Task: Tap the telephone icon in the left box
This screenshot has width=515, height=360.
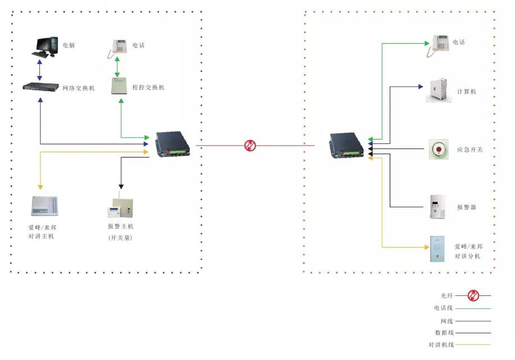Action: pos(118,47)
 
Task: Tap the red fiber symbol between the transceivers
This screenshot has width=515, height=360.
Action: pos(250,146)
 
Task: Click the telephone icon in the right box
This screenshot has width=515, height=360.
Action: pos(440,44)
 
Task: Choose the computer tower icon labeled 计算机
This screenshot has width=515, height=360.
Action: pos(439,90)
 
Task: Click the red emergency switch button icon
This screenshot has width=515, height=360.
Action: pos(439,150)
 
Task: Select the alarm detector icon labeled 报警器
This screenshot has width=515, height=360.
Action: pos(438,206)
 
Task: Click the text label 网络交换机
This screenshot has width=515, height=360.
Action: pos(78,88)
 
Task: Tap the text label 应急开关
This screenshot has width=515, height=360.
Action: pos(470,150)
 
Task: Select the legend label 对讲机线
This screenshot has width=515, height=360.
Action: pos(441,345)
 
